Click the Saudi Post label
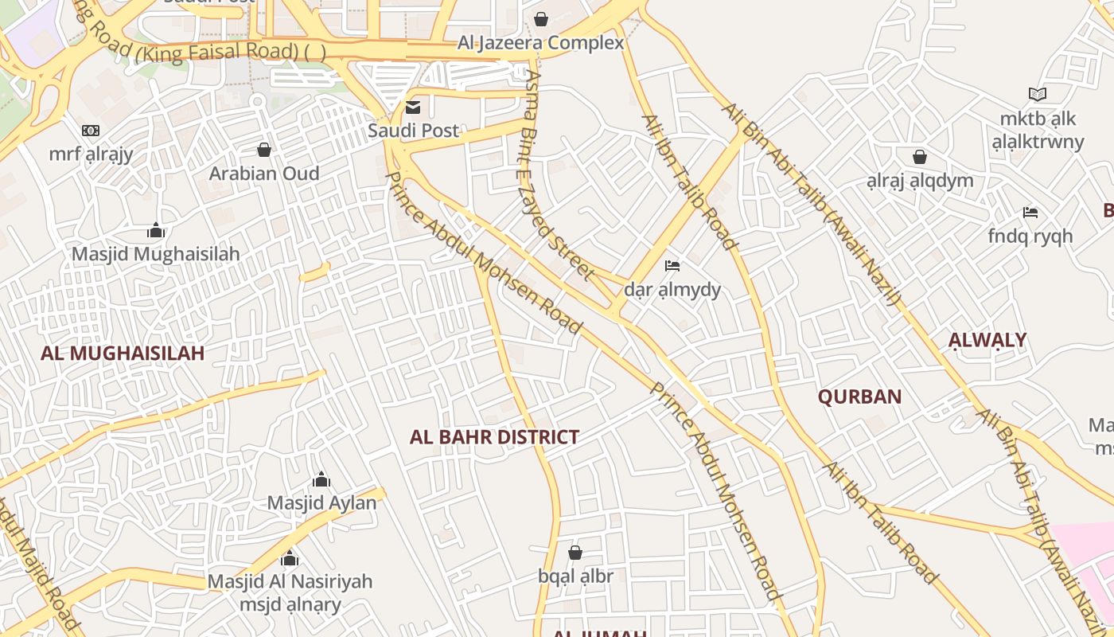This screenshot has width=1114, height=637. pyautogui.click(x=413, y=131)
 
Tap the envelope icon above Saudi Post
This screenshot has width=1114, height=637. pyautogui.click(x=413, y=107)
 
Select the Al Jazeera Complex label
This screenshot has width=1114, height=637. pyautogui.click(x=541, y=43)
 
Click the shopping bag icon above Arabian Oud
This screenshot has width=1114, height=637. pyautogui.click(x=264, y=150)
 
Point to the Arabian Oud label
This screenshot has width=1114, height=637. pyautogui.click(x=264, y=174)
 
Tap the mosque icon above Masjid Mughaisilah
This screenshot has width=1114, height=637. pyautogui.click(x=156, y=231)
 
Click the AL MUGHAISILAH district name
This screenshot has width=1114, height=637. pyautogui.click(x=123, y=353)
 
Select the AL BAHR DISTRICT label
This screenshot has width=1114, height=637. pyautogui.click(x=494, y=437)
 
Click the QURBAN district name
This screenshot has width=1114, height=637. pyautogui.click(x=860, y=397)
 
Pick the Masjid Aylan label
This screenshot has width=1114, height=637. pyautogui.click(x=321, y=503)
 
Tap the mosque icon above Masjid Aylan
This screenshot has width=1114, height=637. pyautogui.click(x=321, y=479)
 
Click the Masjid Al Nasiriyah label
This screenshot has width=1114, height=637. pyautogui.click(x=290, y=581)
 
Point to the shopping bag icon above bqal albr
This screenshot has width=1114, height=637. pyautogui.click(x=575, y=552)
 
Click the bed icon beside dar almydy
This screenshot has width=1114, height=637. pyautogui.click(x=672, y=265)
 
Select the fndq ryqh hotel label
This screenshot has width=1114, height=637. pyautogui.click(x=1030, y=236)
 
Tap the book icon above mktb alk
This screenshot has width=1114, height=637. pyautogui.click(x=1038, y=95)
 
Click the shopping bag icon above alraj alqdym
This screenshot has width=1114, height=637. pyautogui.click(x=920, y=157)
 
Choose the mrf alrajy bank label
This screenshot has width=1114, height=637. pyautogui.click(x=91, y=154)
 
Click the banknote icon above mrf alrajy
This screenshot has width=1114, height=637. pyautogui.click(x=91, y=131)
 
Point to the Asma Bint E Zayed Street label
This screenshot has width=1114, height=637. pyautogui.click(x=557, y=175)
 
